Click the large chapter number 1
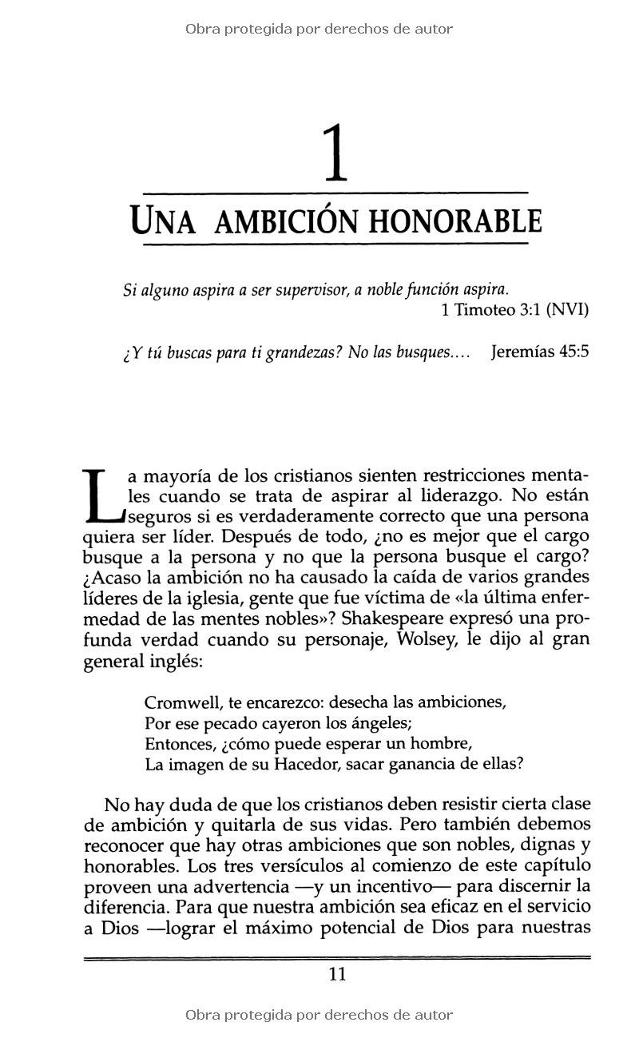(336, 154)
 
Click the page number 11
(336, 974)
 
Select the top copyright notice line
(319, 30)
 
